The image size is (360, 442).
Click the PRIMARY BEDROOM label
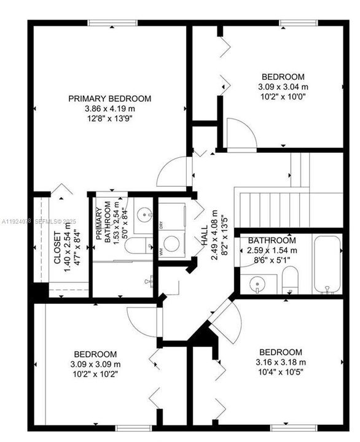pyautogui.click(x=109, y=98)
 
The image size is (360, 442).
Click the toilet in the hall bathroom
pyautogui.click(x=291, y=281)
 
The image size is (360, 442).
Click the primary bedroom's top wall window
pyautogui.click(x=112, y=23)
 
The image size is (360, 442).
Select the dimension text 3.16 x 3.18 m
pyautogui.click(x=280, y=362)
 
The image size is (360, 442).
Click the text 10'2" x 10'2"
pyautogui.click(x=95, y=373)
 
